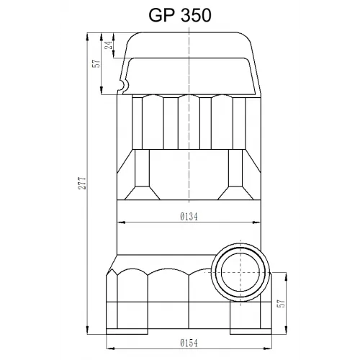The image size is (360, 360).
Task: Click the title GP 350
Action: point(180,15)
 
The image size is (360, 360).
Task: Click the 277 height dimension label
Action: point(82,183)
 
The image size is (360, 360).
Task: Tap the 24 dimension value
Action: point(109,45)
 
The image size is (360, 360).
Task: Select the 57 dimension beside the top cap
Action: point(96,63)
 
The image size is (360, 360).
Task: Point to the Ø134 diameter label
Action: point(189,217)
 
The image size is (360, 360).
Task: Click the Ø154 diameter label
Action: point(189,343)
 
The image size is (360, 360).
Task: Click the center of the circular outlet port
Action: point(240,272)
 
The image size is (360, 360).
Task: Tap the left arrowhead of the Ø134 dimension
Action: point(121,222)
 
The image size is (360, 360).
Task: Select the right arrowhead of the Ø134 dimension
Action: point(256,222)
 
